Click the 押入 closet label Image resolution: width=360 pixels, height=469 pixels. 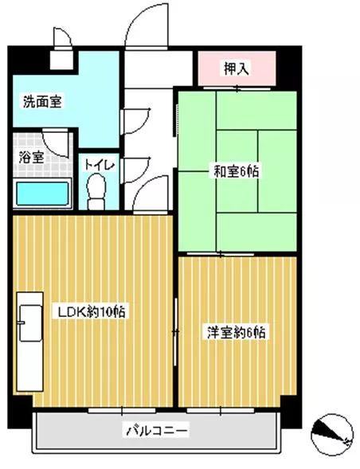coord(236,68)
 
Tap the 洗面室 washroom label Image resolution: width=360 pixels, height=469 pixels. coord(42,102)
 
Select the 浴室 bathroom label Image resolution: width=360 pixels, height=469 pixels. coord(31,158)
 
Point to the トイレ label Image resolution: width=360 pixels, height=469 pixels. coord(100,165)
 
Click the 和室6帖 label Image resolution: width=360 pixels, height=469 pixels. coord(236,171)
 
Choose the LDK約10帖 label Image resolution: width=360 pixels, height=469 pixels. coord(91,312)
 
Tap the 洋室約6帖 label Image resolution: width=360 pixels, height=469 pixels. coord(236,332)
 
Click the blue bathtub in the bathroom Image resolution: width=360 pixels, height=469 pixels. coord(42,193)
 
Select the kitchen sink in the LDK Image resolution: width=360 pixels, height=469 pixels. coord(30,322)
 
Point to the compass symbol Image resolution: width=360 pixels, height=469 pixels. coord(332,435)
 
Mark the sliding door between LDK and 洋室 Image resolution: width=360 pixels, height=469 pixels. coord(176,332)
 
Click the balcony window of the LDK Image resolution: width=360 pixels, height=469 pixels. coord(122,410)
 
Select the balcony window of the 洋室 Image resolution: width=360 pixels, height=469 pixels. coord(221,410)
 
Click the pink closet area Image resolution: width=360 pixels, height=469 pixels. coord(237,68)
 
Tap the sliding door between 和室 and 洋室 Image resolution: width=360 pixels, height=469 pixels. coord(221,255)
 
